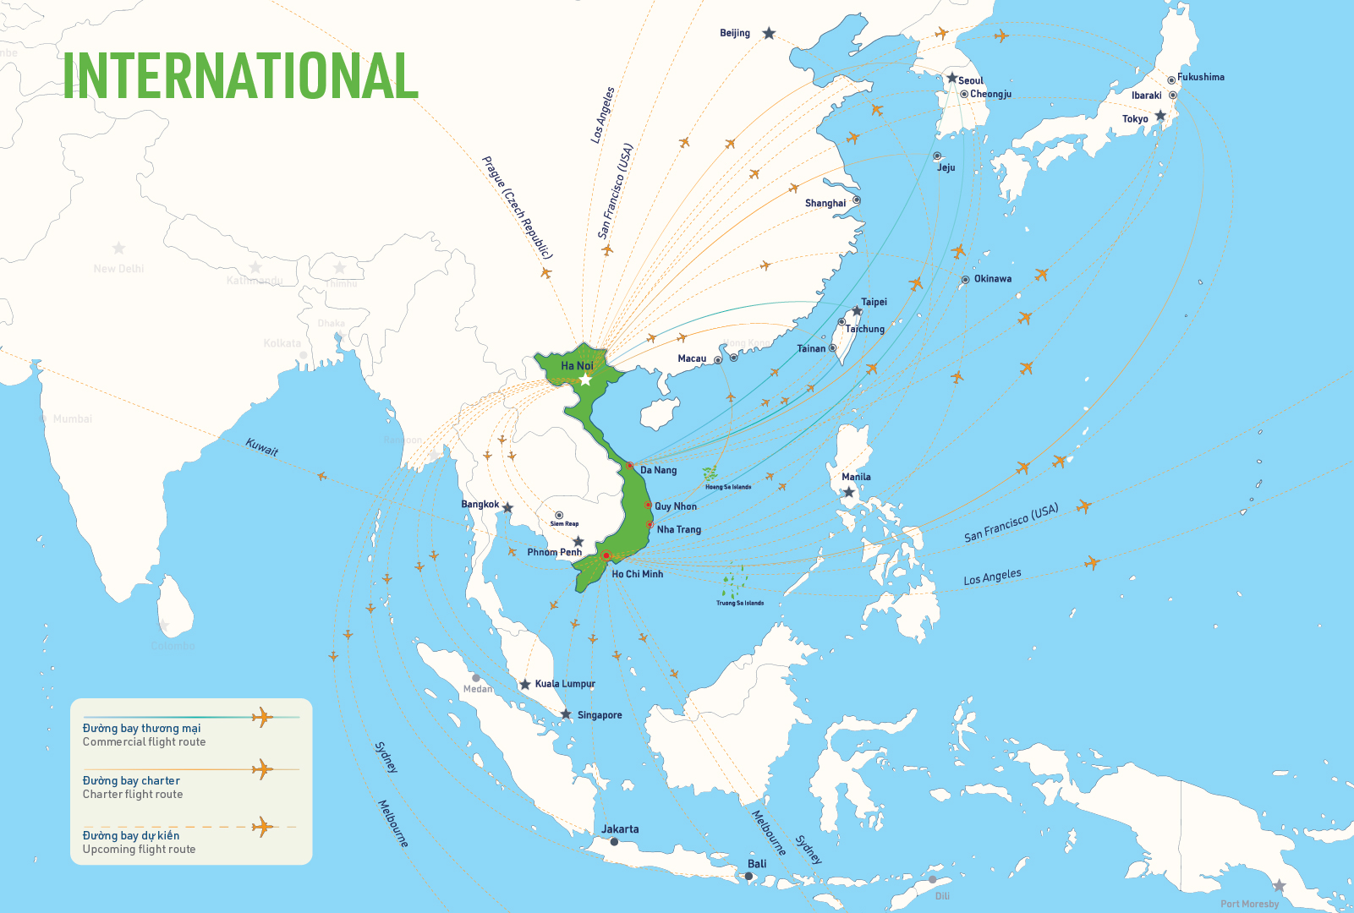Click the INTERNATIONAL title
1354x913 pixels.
point(241,75)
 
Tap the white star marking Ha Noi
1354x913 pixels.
point(585,380)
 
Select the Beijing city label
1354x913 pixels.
point(734,33)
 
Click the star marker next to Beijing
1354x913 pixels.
point(769,33)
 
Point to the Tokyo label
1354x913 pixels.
point(1135,119)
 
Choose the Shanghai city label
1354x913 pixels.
point(825,203)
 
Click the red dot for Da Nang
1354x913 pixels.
point(629,466)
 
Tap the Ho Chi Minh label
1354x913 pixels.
point(637,574)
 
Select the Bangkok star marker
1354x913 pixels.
point(507,508)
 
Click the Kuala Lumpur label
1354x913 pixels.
point(565,684)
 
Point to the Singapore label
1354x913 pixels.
point(600,715)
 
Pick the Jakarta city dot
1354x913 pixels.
point(614,842)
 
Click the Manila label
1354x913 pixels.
point(856,477)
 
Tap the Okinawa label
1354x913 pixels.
point(992,279)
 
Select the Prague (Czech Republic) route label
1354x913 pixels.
point(517,207)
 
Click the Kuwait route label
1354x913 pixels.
point(261,446)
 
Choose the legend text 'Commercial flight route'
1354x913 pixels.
point(144,742)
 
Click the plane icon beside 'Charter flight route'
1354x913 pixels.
point(262,770)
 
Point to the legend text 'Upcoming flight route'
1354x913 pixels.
point(139,850)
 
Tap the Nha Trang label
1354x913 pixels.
point(678,530)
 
